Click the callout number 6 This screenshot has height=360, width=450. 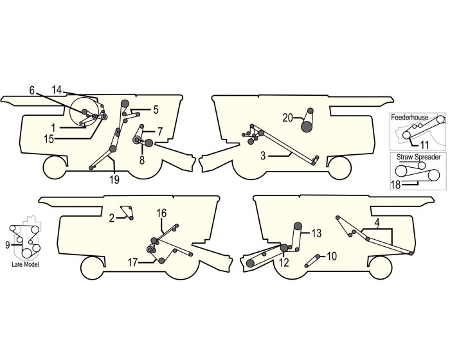click(32, 91)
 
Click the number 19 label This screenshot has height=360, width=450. click(114, 180)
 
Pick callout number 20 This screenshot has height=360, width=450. click(287, 116)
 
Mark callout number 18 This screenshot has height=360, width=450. click(397, 184)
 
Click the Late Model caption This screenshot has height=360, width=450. click(24, 264)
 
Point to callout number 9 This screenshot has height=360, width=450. click(7, 244)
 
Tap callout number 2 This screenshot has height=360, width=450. click(112, 218)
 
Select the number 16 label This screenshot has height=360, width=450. click(161, 212)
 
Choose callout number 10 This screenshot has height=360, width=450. click(331, 256)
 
